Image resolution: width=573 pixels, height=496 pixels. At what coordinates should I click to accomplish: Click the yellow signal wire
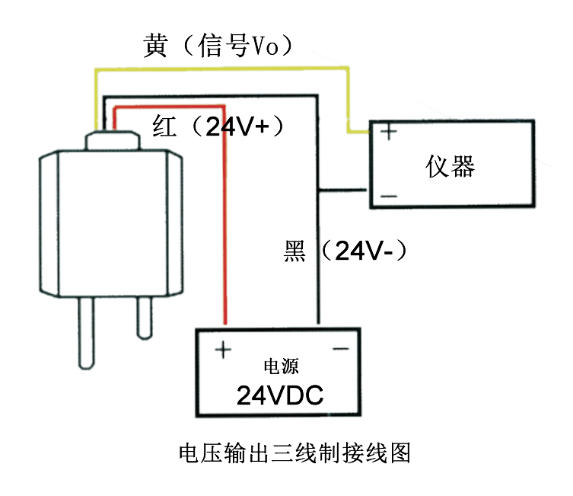click(221, 69)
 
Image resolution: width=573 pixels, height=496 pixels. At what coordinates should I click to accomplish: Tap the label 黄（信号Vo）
click(218, 46)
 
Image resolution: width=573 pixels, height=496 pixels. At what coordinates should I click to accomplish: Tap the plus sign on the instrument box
click(389, 132)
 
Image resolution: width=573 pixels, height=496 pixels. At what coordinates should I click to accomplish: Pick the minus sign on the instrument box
click(389, 197)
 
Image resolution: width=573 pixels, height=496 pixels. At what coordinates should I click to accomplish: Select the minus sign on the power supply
click(339, 350)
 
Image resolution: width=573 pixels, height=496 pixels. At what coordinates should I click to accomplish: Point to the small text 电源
click(280, 366)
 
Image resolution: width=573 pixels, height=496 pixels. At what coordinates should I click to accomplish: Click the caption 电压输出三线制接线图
click(294, 453)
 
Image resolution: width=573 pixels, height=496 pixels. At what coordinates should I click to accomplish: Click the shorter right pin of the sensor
click(144, 317)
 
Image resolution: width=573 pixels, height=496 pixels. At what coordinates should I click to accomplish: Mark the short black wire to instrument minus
click(345, 189)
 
